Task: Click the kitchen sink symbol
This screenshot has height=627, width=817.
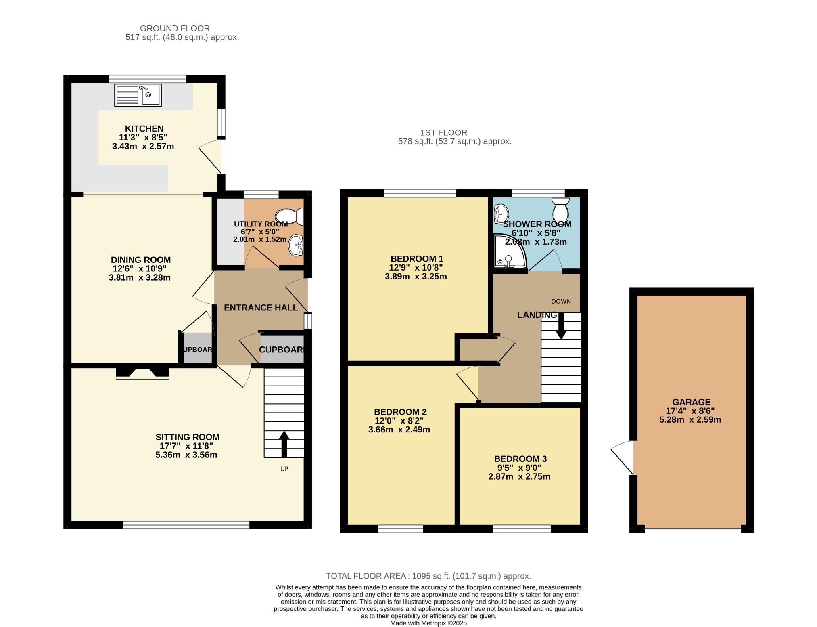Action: click(x=138, y=95)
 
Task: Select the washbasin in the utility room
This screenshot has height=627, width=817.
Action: click(x=296, y=245)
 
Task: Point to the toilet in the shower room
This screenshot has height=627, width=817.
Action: click(x=560, y=208)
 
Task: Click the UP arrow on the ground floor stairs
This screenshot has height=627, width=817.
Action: click(x=284, y=445)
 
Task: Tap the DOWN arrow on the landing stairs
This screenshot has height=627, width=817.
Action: click(x=561, y=326)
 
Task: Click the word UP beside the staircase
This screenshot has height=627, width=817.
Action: click(x=284, y=469)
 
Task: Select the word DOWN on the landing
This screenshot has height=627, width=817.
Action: click(x=561, y=301)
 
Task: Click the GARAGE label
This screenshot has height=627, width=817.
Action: click(x=691, y=402)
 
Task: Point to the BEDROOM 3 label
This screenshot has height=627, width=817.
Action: click(x=520, y=459)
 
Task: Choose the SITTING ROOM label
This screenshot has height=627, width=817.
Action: click(x=188, y=437)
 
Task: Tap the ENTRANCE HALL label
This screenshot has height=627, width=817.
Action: click(x=261, y=308)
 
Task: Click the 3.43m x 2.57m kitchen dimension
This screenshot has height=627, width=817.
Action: click(x=143, y=146)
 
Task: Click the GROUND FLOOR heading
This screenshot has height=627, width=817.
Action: click(x=175, y=28)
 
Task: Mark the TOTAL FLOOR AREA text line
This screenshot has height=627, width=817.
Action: click(x=428, y=576)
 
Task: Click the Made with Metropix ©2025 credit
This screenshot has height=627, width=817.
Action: click(x=428, y=623)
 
